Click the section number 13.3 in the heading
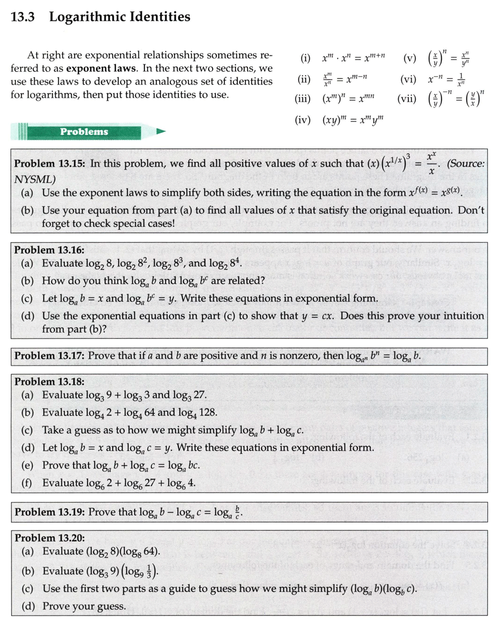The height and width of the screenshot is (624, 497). click(24, 17)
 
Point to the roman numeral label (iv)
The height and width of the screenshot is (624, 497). click(303, 121)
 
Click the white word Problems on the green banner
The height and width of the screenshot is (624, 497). click(84, 131)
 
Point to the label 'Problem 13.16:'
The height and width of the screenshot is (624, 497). click(50, 250)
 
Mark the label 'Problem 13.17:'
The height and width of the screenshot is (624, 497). click(50, 356)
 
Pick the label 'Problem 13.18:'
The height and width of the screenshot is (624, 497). click(50, 382)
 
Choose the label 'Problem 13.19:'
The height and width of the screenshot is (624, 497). click(50, 512)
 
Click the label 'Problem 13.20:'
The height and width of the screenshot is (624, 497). click(50, 538)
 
